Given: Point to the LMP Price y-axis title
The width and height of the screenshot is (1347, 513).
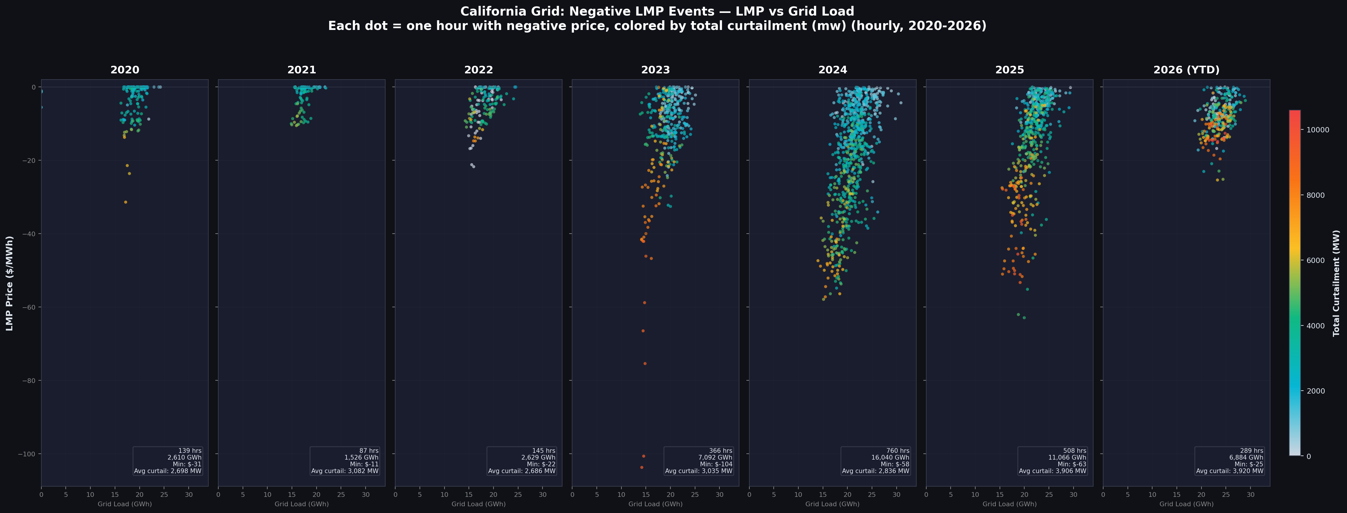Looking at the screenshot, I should coord(9,283).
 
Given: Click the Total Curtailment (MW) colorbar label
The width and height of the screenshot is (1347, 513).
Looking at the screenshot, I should coord(1336,283).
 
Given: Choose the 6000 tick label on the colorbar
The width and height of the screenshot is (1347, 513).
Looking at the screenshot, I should coord(1316,260).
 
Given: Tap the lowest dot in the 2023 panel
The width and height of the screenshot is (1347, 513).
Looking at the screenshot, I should coord(642,467).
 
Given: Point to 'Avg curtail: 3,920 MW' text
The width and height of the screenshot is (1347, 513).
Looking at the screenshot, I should coord(1229,471).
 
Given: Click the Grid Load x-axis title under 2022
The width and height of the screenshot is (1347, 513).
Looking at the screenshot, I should coord(479,504).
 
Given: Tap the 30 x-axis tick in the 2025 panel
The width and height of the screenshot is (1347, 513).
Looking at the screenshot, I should coord(1074,494).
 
